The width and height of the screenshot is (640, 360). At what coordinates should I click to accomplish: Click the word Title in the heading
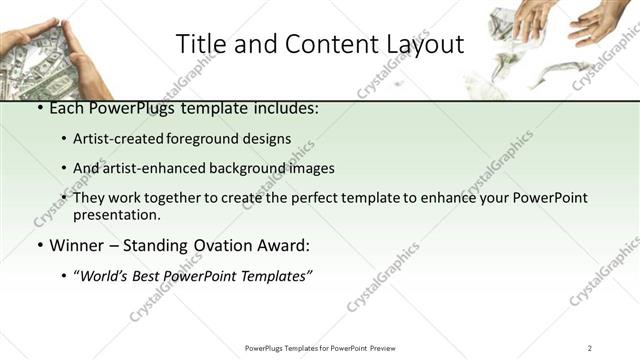pyautogui.click(x=199, y=44)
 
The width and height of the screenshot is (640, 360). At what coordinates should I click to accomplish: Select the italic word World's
pyautogui.click(x=106, y=275)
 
